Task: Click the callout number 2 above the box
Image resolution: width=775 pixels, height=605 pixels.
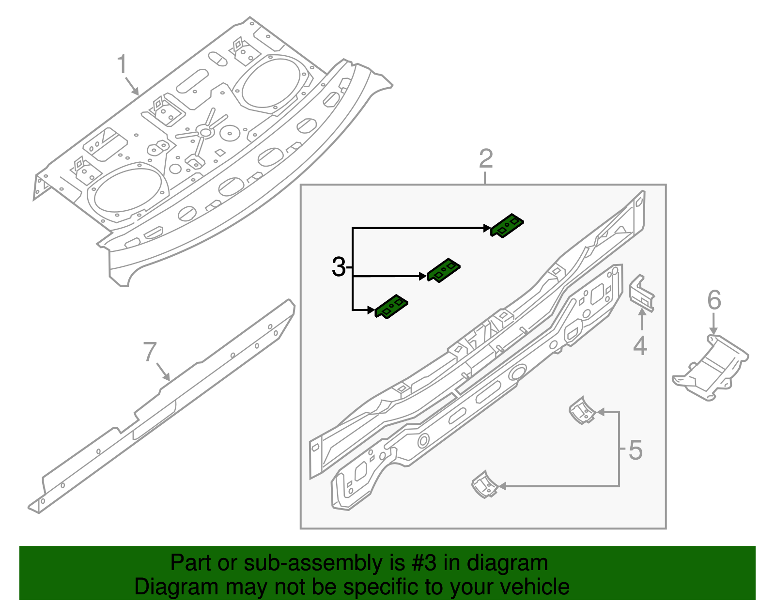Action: [485, 159]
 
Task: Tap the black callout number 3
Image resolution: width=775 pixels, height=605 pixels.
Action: [339, 267]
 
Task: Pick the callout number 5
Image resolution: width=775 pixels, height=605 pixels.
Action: [635, 450]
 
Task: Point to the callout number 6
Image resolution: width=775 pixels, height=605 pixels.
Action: [714, 300]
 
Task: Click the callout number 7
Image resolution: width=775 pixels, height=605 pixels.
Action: [150, 352]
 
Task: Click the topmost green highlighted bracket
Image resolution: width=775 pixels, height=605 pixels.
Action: [507, 225]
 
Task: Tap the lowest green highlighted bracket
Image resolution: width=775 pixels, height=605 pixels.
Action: [391, 307]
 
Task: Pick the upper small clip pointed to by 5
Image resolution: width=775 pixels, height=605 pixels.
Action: [582, 411]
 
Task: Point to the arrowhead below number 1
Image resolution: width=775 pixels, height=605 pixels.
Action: [136, 92]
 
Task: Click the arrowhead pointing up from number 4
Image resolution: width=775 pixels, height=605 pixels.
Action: [642, 312]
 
